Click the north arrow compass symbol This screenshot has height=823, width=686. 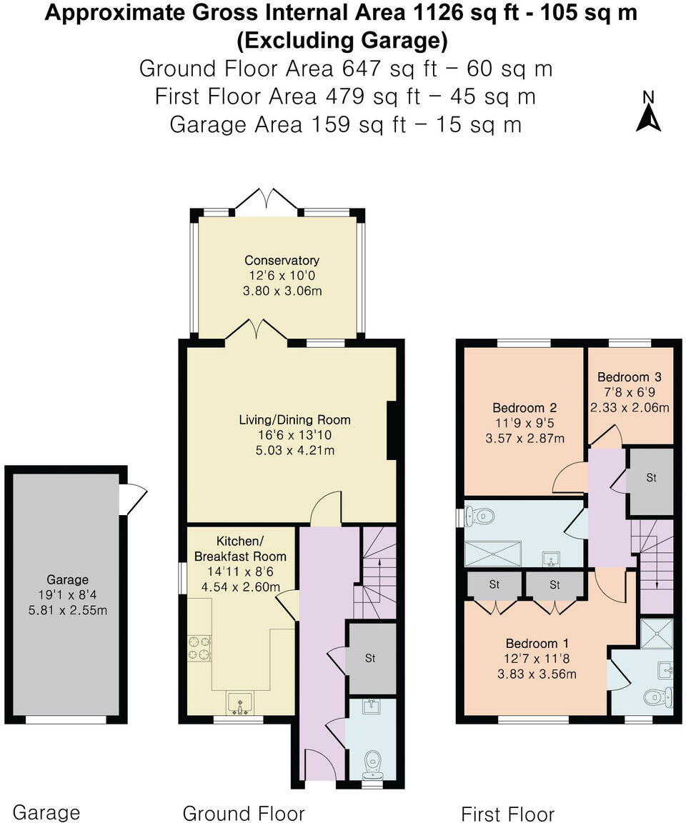[x=648, y=114]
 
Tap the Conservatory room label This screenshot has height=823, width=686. [x=282, y=261]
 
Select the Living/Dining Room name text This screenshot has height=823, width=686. [x=294, y=419]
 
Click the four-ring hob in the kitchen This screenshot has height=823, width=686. [x=199, y=647]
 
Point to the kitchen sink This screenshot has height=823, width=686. [x=239, y=703]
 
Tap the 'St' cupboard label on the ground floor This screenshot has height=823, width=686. [x=370, y=658]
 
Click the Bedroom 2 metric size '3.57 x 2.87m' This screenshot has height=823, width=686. [x=525, y=438]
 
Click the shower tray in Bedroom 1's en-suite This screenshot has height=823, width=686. [x=656, y=634]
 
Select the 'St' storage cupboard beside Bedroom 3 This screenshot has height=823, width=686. [x=651, y=478]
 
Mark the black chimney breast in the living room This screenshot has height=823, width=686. [x=392, y=431]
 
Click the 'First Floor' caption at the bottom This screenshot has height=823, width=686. [x=507, y=814]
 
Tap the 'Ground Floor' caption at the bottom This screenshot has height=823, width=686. [x=244, y=813]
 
